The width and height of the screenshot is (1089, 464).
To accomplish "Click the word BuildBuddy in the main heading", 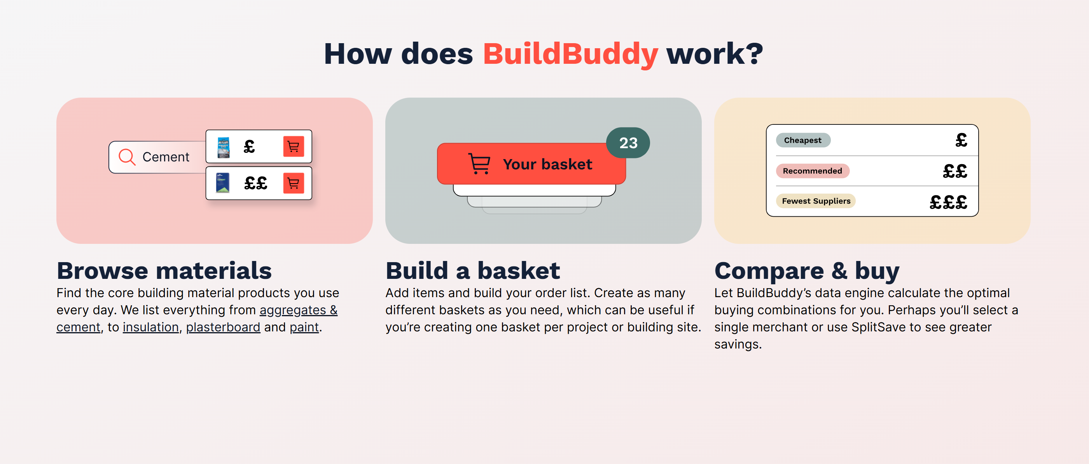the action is [x=570, y=54].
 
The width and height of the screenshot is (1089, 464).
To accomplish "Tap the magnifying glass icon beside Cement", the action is [x=127, y=157].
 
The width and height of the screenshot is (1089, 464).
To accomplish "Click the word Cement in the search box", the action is [x=166, y=157].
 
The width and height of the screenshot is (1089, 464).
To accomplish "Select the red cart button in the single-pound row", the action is [x=294, y=146].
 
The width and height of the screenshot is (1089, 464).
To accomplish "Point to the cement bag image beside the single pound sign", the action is [x=223, y=147].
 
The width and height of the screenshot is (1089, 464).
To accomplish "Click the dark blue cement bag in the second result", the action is [x=222, y=183].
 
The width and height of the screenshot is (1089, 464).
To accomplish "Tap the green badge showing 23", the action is [x=628, y=143].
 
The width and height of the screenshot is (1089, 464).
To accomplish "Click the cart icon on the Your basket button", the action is [x=479, y=164].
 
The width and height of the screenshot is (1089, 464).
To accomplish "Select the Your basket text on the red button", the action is [x=547, y=164].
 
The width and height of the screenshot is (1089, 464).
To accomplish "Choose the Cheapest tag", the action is [x=803, y=140].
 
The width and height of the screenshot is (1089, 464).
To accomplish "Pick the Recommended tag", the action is [x=812, y=171].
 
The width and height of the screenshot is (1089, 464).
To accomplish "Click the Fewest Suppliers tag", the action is [x=816, y=201].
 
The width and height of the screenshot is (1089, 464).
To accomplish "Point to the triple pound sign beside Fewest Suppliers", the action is [x=948, y=202].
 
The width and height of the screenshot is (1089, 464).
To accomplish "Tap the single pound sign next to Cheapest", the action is [x=961, y=140].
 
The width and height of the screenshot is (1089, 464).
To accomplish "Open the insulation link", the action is [x=150, y=327].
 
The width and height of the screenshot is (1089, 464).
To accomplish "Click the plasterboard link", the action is [x=223, y=327].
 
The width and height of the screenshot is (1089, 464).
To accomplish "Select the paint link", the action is [x=304, y=327].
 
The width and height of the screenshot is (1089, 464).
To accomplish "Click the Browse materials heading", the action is [x=164, y=271].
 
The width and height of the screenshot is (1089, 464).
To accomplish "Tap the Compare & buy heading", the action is [x=807, y=271].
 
